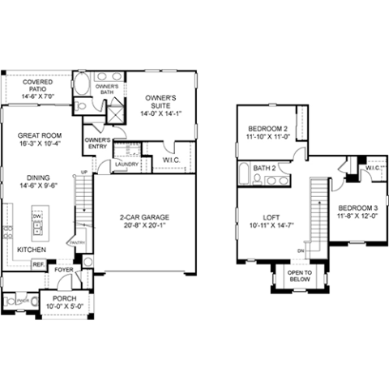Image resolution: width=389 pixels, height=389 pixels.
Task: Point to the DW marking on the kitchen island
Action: click(36, 217)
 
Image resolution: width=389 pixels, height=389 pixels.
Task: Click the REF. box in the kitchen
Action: click(38, 265)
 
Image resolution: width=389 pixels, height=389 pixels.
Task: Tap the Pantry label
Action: click(78, 242)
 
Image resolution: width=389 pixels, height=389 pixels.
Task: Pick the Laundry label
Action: click(126, 165)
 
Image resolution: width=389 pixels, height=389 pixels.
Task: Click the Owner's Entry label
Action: click(97, 143)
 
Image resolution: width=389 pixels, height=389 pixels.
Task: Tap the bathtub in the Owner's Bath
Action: click(83, 84)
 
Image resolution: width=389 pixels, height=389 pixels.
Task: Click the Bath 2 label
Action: click(265, 169)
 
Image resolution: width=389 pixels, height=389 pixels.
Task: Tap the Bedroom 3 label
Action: click(357, 207)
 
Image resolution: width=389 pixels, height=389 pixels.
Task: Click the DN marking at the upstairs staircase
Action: click(301, 250)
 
